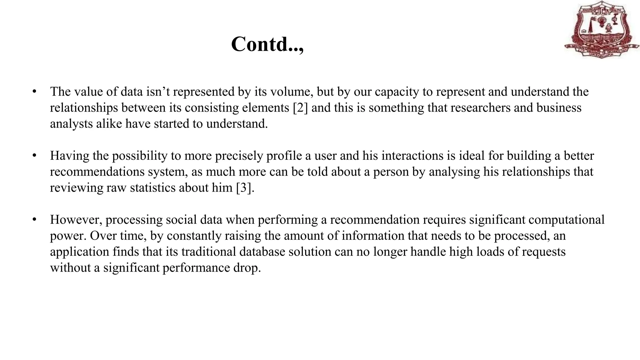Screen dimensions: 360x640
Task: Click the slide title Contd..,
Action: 267,44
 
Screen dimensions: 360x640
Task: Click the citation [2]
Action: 300,108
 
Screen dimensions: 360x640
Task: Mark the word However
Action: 76,220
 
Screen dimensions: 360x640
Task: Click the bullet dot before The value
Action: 34,92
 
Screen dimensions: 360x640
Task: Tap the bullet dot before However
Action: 34,220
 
